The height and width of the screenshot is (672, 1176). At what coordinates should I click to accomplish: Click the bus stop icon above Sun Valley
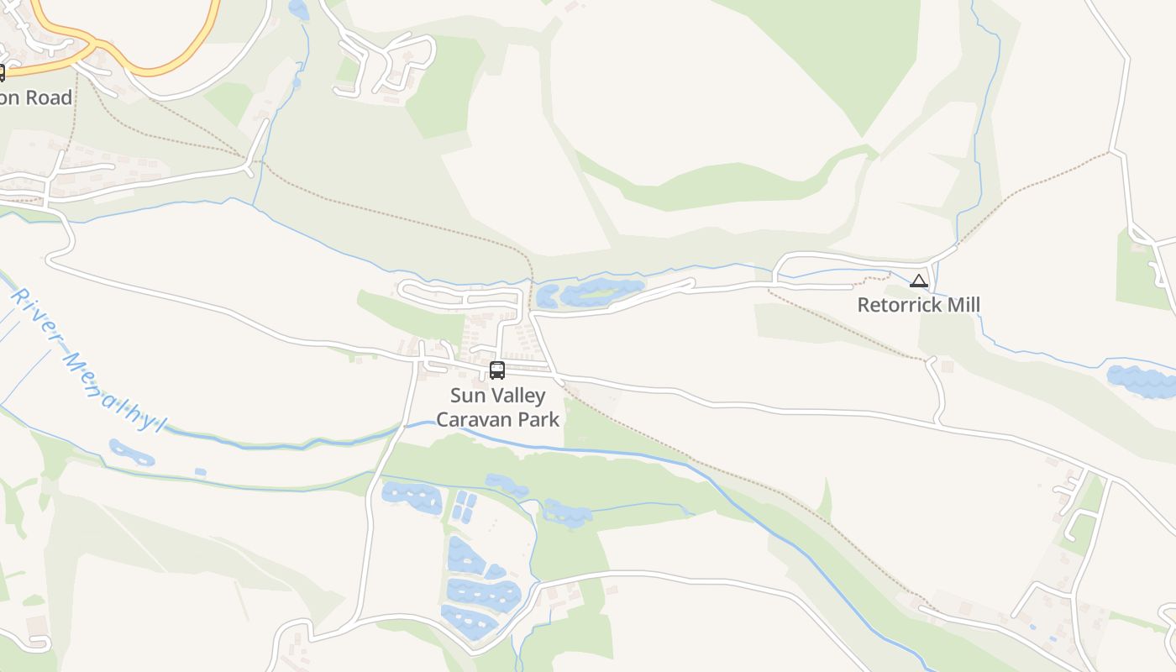(497, 370)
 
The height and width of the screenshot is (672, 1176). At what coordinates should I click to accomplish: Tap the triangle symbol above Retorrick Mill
(919, 281)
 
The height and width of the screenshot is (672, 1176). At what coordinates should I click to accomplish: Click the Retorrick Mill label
(918, 305)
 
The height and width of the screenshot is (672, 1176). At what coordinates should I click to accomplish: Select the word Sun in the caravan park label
(467, 396)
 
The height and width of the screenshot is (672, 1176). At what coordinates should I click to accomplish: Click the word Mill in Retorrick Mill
(963, 305)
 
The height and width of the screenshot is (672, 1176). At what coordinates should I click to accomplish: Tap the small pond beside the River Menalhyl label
(132, 453)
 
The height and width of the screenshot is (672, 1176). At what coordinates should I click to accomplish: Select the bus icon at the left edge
(2, 72)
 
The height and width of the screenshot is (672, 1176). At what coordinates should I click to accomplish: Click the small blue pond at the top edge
(298, 9)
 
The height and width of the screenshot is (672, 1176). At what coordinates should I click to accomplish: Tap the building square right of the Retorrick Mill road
(948, 366)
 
